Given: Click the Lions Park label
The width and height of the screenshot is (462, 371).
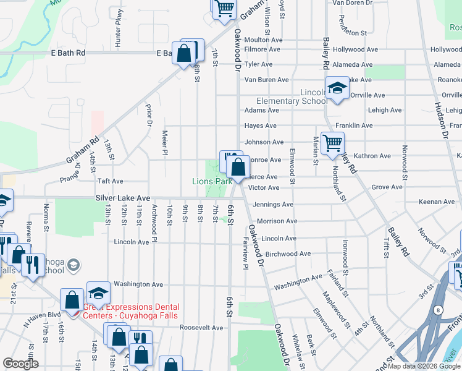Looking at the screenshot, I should [212, 181].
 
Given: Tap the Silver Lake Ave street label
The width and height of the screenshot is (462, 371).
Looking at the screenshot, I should [122, 197].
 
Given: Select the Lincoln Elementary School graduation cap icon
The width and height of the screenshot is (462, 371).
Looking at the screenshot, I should [337, 89].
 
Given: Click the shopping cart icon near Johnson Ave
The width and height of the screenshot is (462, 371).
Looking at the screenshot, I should [332, 143].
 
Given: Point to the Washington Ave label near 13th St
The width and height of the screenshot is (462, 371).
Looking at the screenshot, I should [139, 284].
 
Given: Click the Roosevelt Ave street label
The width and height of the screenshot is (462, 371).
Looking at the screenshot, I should [201, 328].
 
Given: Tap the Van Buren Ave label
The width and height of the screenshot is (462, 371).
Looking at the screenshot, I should [267, 80].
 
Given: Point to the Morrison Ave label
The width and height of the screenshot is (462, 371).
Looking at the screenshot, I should [277, 221].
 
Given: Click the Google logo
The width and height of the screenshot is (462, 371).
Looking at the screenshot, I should [20, 364].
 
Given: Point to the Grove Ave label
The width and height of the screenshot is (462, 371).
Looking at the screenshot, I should [387, 187].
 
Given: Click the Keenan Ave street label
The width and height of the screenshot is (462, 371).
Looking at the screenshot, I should [437, 202].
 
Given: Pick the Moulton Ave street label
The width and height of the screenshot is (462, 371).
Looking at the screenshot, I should [263, 40].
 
